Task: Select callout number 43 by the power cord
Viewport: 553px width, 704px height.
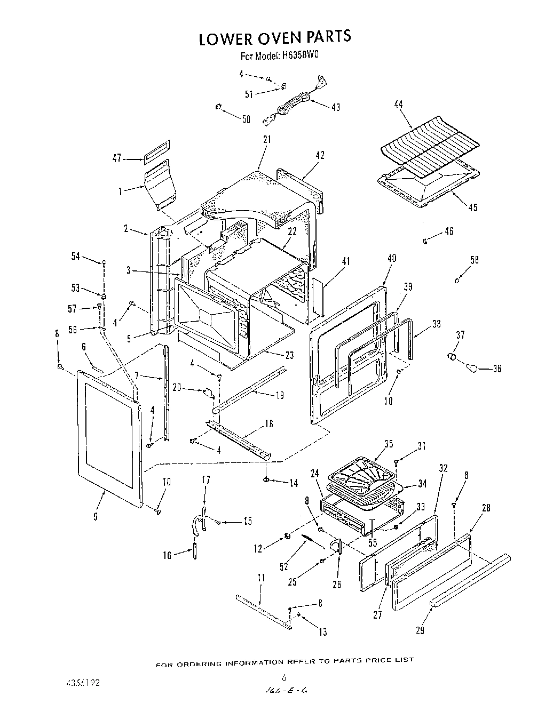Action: tap(335, 107)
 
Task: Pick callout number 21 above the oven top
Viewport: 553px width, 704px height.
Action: tap(267, 140)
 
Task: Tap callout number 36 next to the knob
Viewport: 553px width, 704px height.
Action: tap(497, 369)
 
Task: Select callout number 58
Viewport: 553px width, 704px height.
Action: tap(474, 260)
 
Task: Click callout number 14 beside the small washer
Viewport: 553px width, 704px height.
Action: tap(294, 484)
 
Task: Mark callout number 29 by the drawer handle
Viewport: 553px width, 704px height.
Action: tap(420, 630)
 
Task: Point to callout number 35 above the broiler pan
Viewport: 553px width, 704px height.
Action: tap(389, 443)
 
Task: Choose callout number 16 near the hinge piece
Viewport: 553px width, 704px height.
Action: tap(167, 556)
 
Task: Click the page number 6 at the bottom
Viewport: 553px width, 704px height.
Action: tap(284, 678)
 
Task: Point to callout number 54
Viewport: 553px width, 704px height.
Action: tap(75, 257)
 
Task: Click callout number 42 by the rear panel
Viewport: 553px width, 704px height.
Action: tap(320, 156)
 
